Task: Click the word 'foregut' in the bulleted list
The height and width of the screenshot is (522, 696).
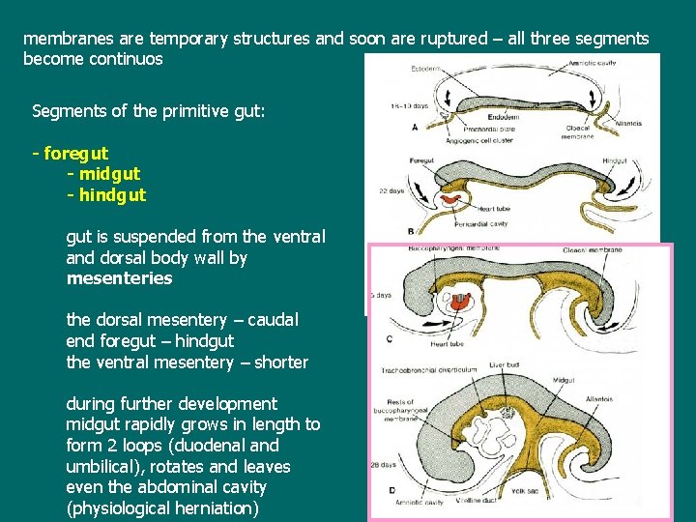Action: coord(76,153)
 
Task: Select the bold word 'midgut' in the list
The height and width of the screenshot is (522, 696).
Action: coord(109,174)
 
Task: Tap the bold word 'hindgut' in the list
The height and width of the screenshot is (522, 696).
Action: coord(112,195)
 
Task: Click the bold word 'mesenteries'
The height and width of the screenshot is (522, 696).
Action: coord(119,278)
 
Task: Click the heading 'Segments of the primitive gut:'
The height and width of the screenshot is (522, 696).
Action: coord(149,110)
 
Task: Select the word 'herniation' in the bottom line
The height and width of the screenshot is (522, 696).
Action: coord(217,508)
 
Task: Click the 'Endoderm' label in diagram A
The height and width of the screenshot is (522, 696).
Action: coord(504,116)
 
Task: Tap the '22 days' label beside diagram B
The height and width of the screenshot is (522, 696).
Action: coord(391,190)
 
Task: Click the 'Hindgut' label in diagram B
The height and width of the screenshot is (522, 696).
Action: coord(615,161)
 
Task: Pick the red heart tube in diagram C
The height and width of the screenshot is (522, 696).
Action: coord(461,301)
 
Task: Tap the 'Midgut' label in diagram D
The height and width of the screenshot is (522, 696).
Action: coord(564,380)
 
